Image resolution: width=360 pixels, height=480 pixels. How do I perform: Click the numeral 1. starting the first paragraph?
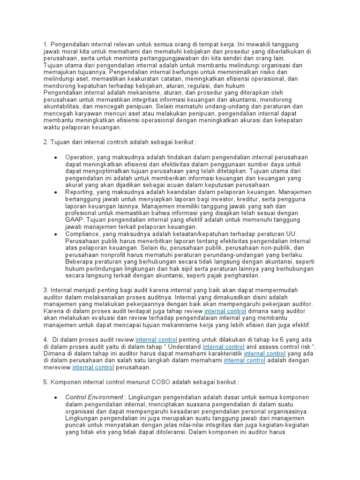coord(45,45)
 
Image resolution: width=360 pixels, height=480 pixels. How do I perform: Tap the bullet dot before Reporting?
coord(56,192)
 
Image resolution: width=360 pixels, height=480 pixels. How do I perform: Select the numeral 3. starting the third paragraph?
coord(45,290)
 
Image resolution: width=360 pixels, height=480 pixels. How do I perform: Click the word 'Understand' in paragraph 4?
coord(185,347)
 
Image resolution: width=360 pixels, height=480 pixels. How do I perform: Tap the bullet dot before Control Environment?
coord(56,397)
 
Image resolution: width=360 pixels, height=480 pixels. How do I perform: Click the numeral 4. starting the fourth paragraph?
coord(45,339)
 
